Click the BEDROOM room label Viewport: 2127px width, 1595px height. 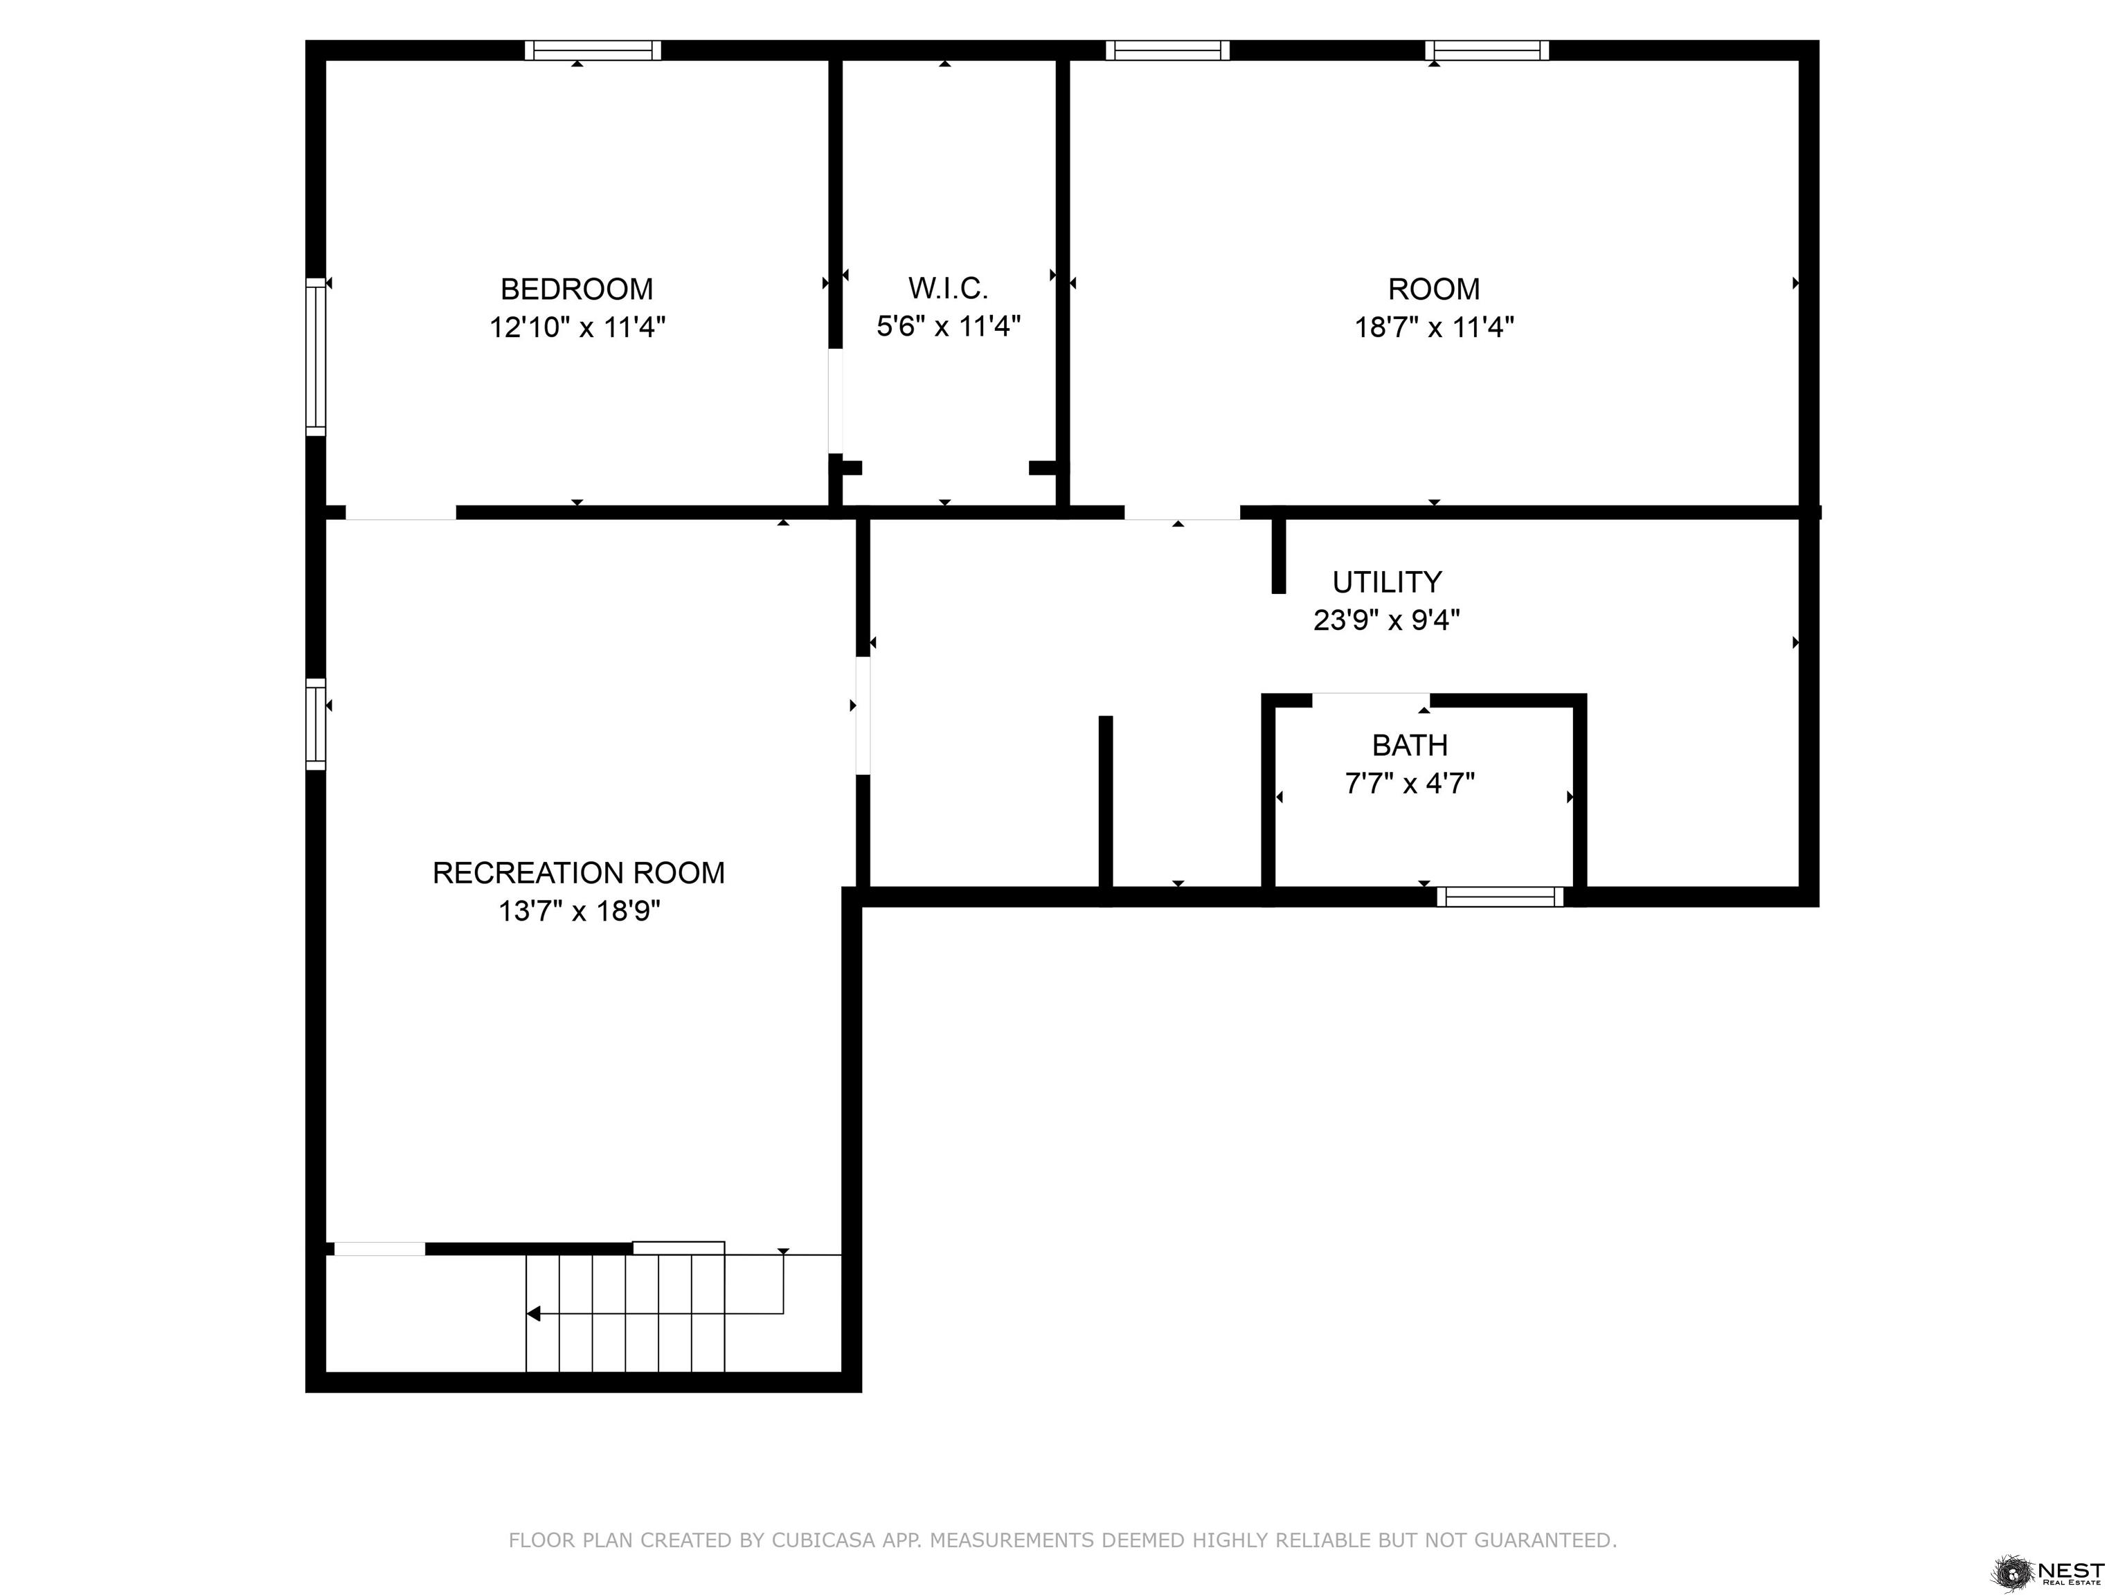(x=577, y=289)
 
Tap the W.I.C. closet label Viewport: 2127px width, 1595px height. (x=948, y=289)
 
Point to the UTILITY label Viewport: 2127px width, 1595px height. (x=1387, y=582)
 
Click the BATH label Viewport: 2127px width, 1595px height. (x=1410, y=745)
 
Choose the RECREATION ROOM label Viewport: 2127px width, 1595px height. (x=578, y=873)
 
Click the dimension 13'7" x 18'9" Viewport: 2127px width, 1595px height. (x=579, y=910)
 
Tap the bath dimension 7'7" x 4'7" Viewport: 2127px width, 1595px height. (x=1410, y=784)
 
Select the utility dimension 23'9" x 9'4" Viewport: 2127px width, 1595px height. (x=1387, y=620)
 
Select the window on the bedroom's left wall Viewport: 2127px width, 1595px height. (x=316, y=357)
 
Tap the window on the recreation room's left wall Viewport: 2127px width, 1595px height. (x=316, y=724)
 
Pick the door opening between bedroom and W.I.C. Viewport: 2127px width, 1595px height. (x=836, y=401)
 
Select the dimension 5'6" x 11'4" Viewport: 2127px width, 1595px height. (x=948, y=327)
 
